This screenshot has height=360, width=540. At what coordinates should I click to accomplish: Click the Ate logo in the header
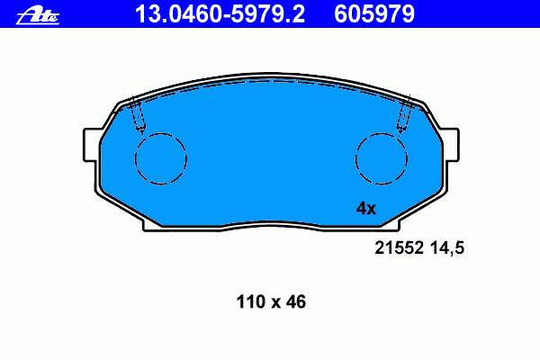[38, 16]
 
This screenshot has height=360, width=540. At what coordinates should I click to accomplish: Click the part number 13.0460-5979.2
[220, 14]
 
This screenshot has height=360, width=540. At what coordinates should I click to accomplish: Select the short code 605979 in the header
[374, 14]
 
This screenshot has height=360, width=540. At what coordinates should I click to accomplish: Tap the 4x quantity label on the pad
[366, 209]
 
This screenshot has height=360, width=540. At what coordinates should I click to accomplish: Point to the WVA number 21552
[399, 247]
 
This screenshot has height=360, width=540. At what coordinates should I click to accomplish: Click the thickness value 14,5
[447, 248]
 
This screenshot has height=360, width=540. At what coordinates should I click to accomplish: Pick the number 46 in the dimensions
[294, 301]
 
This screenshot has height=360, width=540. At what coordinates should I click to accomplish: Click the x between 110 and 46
[274, 303]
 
